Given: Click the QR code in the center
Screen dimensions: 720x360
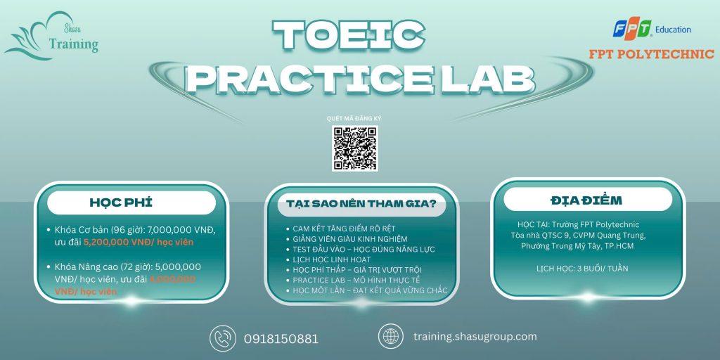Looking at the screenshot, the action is pos(354,148).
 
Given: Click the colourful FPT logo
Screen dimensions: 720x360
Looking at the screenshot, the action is pos(632,28).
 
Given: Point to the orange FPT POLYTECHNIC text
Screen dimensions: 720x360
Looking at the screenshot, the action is pos(652,54).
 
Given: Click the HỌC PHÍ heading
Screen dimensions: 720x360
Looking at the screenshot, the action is pos(121,202).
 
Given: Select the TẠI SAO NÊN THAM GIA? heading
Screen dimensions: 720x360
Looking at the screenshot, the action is pos(361,203).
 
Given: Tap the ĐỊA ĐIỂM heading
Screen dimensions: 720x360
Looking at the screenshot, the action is pos(586,200).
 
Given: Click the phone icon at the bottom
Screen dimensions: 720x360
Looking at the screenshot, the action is pos(223,338).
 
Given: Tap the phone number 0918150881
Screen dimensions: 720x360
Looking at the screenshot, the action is pos(281,340).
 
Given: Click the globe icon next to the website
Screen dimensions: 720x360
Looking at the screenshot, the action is pos(391,336).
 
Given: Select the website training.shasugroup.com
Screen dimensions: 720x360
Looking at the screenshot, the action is pos(475,337).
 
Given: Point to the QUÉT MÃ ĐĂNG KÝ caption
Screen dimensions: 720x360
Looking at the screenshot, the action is pos(354,118).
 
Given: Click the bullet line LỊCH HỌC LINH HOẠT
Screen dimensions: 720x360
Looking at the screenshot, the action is pos(332,259).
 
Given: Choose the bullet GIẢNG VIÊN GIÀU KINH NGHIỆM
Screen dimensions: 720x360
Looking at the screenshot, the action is pos(350,239).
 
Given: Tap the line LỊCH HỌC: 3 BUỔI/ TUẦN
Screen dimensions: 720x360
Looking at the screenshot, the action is pos(581,268).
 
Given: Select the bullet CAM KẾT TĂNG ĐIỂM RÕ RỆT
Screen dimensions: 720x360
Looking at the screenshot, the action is pos(344,229).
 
